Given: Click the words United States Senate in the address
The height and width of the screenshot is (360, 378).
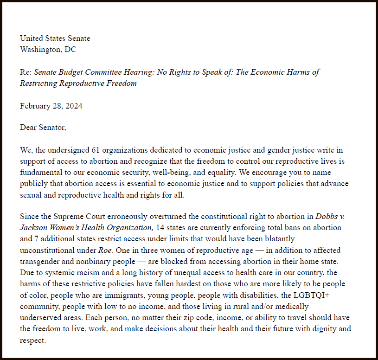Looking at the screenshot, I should pos(55,39).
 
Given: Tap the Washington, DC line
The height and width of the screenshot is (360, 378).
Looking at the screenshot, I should pos(48,49).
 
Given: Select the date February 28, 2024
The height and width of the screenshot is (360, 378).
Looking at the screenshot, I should pos(51,106).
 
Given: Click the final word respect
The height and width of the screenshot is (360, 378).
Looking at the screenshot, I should pos(33,340).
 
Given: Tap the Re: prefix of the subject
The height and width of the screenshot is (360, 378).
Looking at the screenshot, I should pos(26,72).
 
